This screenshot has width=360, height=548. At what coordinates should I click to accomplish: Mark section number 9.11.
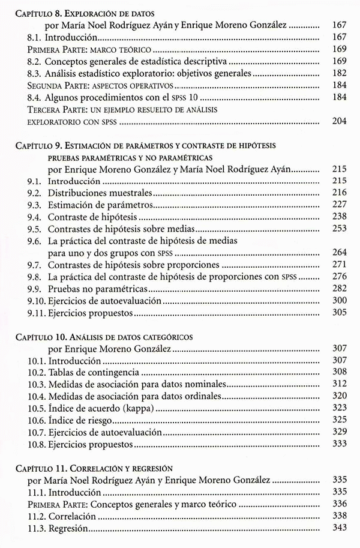click(x=37, y=312)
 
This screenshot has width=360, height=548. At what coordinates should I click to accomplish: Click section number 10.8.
click(x=37, y=444)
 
